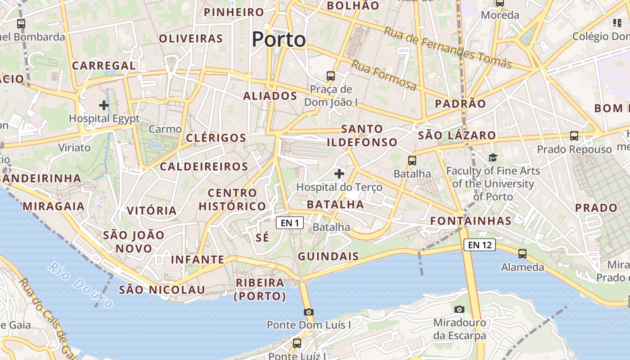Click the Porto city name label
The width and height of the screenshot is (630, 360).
tap(279, 40)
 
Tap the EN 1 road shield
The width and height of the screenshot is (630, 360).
tap(290, 223)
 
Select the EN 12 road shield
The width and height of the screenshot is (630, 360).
tap(480, 245)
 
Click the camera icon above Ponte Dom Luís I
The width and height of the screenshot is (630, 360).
tap(308, 312)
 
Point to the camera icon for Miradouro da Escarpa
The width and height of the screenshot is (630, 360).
tap(459, 309)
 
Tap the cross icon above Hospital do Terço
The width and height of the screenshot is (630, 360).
tap(339, 173)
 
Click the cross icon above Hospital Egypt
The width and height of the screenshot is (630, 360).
tap(104, 105)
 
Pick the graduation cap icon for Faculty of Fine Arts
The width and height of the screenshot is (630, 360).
tap(493, 157)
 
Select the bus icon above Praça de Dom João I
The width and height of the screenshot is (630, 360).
tap(331, 76)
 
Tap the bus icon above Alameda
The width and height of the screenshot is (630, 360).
tap(522, 254)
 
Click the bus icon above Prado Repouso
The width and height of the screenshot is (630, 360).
tap(574, 135)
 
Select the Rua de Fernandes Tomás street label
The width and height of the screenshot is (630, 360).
tap(448, 47)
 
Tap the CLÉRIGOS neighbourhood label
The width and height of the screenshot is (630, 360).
tap(216, 138)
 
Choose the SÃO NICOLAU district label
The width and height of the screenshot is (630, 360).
tap(162, 290)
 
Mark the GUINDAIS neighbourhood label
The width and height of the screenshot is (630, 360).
tap(328, 256)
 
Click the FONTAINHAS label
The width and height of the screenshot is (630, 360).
tap(471, 220)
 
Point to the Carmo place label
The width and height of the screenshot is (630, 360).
tap(165, 129)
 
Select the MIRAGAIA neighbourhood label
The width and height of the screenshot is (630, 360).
tap(54, 206)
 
